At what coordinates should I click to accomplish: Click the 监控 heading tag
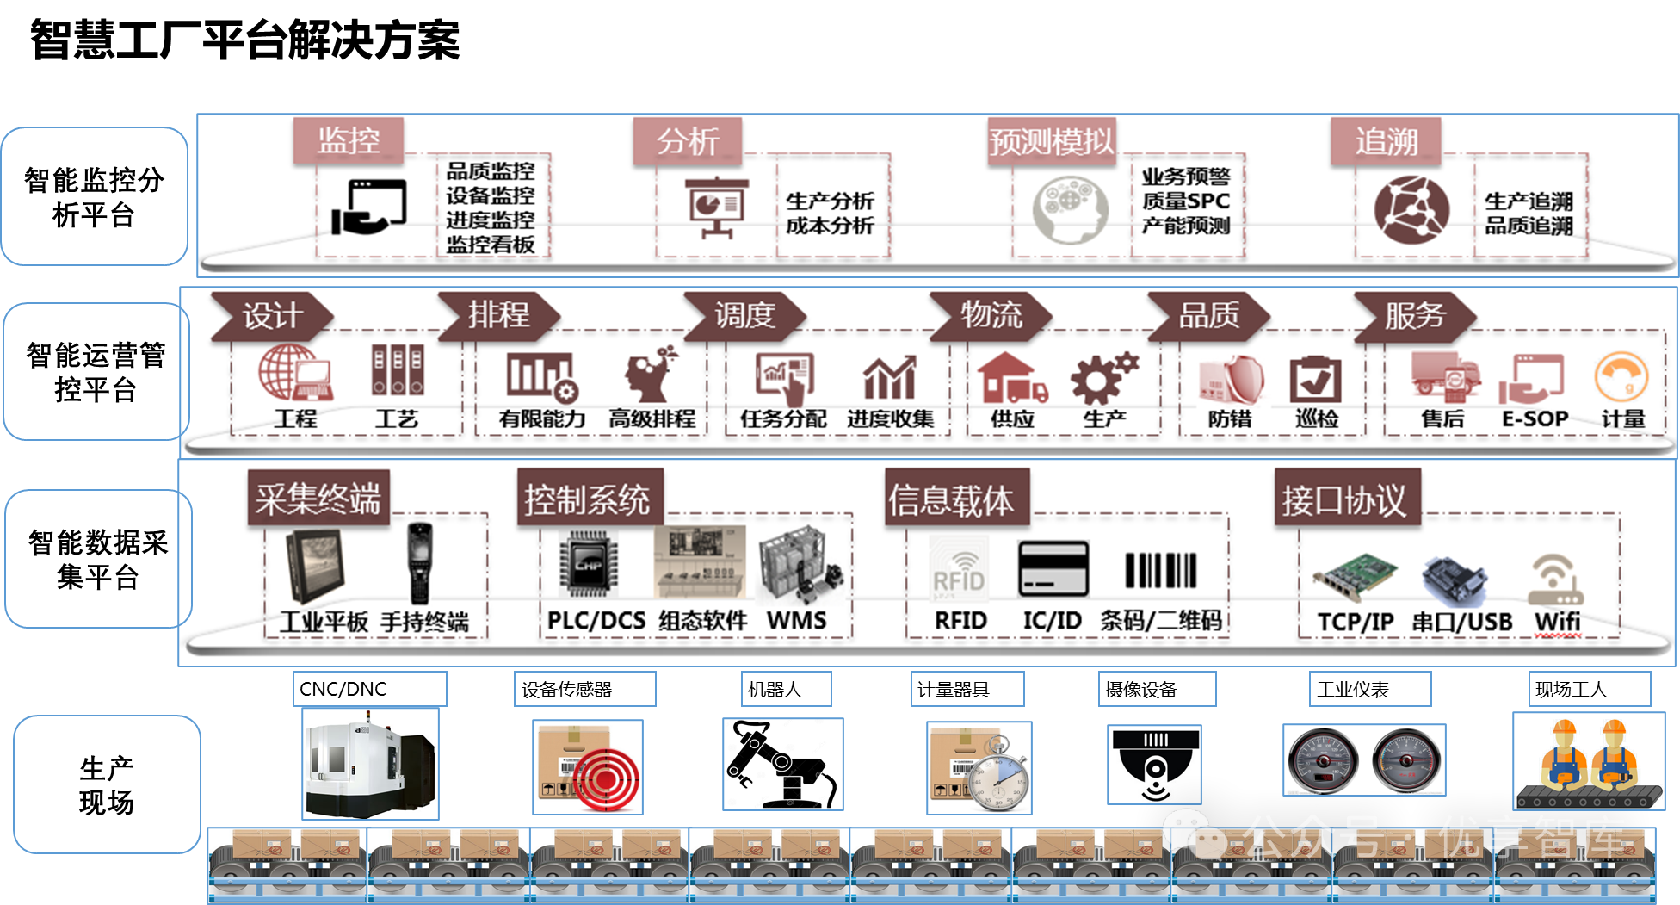coord(349,140)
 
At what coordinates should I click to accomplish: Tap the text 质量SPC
coord(1185,201)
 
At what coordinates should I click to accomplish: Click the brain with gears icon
coord(1069,209)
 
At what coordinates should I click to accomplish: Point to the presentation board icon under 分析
coord(716,208)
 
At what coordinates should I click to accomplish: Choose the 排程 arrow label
coord(498,315)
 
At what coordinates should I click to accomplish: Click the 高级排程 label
coord(652,419)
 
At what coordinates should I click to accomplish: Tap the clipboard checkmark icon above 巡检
coord(1315,380)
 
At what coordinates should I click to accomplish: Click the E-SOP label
coord(1535,419)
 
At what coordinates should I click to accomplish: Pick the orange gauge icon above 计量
coord(1621,377)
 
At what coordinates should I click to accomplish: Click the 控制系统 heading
coord(588,499)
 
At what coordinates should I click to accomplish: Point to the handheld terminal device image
coord(419,564)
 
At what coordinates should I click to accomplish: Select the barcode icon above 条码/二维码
coord(1160,571)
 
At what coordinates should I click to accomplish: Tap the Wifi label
coord(1557,621)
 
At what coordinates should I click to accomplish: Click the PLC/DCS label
coord(596,621)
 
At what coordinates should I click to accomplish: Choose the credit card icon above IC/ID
coord(1053,569)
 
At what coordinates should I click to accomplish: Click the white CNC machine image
coord(370,764)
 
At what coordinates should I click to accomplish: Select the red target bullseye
coord(605,780)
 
